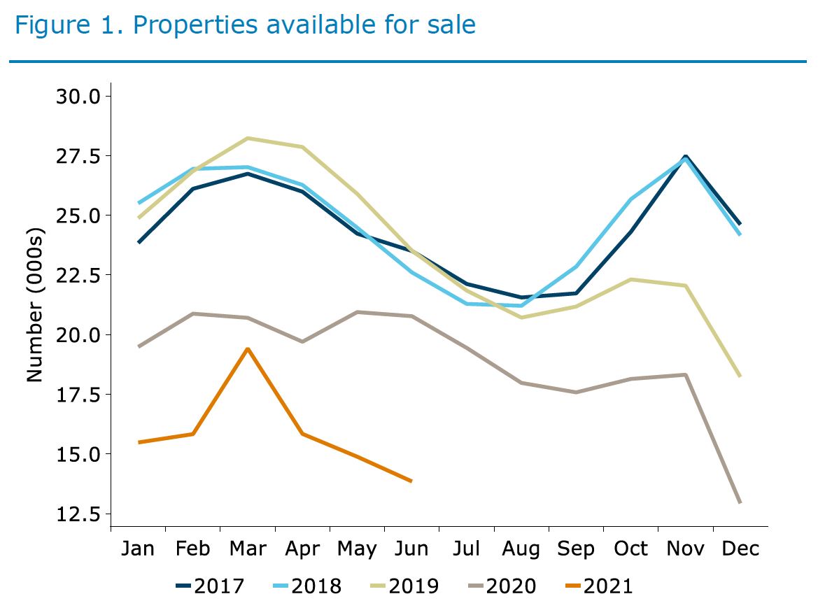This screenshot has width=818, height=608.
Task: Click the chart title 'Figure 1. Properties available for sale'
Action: [245, 25]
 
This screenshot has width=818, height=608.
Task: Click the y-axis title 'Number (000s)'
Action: [35, 305]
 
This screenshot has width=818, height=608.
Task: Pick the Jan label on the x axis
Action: [138, 549]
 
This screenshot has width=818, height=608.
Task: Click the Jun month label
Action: [411, 549]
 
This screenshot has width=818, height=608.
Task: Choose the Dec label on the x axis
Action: [740, 549]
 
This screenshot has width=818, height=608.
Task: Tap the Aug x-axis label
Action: [521, 549]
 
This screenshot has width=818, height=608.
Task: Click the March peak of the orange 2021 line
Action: [248, 348]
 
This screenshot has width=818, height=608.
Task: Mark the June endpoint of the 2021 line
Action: [411, 481]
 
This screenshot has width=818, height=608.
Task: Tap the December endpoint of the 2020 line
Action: [740, 502]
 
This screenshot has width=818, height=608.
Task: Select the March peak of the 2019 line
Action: [248, 139]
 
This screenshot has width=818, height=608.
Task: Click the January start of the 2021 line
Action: [139, 442]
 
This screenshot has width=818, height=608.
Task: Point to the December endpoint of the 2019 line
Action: [740, 376]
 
